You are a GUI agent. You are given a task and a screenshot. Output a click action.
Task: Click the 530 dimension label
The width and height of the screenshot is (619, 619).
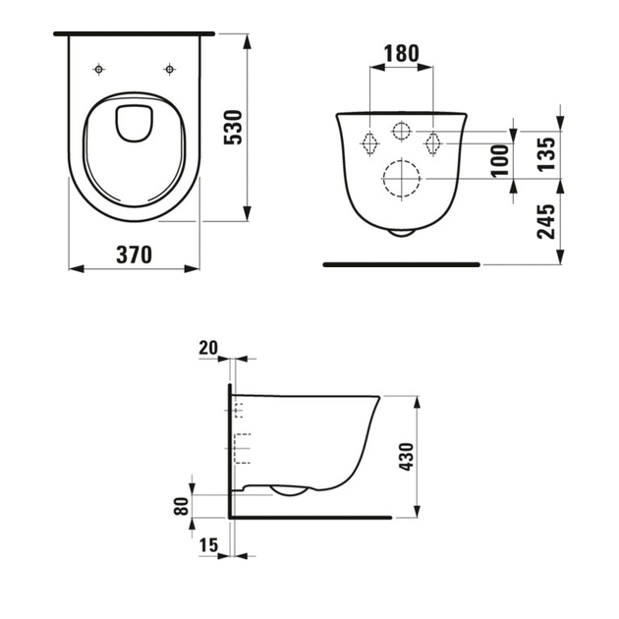coord(233,128)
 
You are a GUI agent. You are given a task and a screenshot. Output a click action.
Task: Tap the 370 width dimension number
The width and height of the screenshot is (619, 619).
coord(135,255)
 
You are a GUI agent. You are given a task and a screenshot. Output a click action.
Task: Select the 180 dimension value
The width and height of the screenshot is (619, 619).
coord(401,54)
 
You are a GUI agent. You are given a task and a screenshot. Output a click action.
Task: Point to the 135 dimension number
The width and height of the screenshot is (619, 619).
coord(546,154)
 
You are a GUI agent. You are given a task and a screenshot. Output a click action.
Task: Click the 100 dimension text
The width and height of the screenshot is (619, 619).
coord(499,160)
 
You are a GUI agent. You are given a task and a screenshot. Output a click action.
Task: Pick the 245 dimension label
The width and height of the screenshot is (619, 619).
coord(546,221)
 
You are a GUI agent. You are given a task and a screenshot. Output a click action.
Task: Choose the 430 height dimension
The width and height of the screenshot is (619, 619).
coord(406,456)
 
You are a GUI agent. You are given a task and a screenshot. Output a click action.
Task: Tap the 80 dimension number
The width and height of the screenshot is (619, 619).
coord(181,506)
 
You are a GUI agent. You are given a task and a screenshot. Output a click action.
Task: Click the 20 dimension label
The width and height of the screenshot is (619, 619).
coord(208,348)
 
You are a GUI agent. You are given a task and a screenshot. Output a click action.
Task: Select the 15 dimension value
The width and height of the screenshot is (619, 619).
coord(208,545)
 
